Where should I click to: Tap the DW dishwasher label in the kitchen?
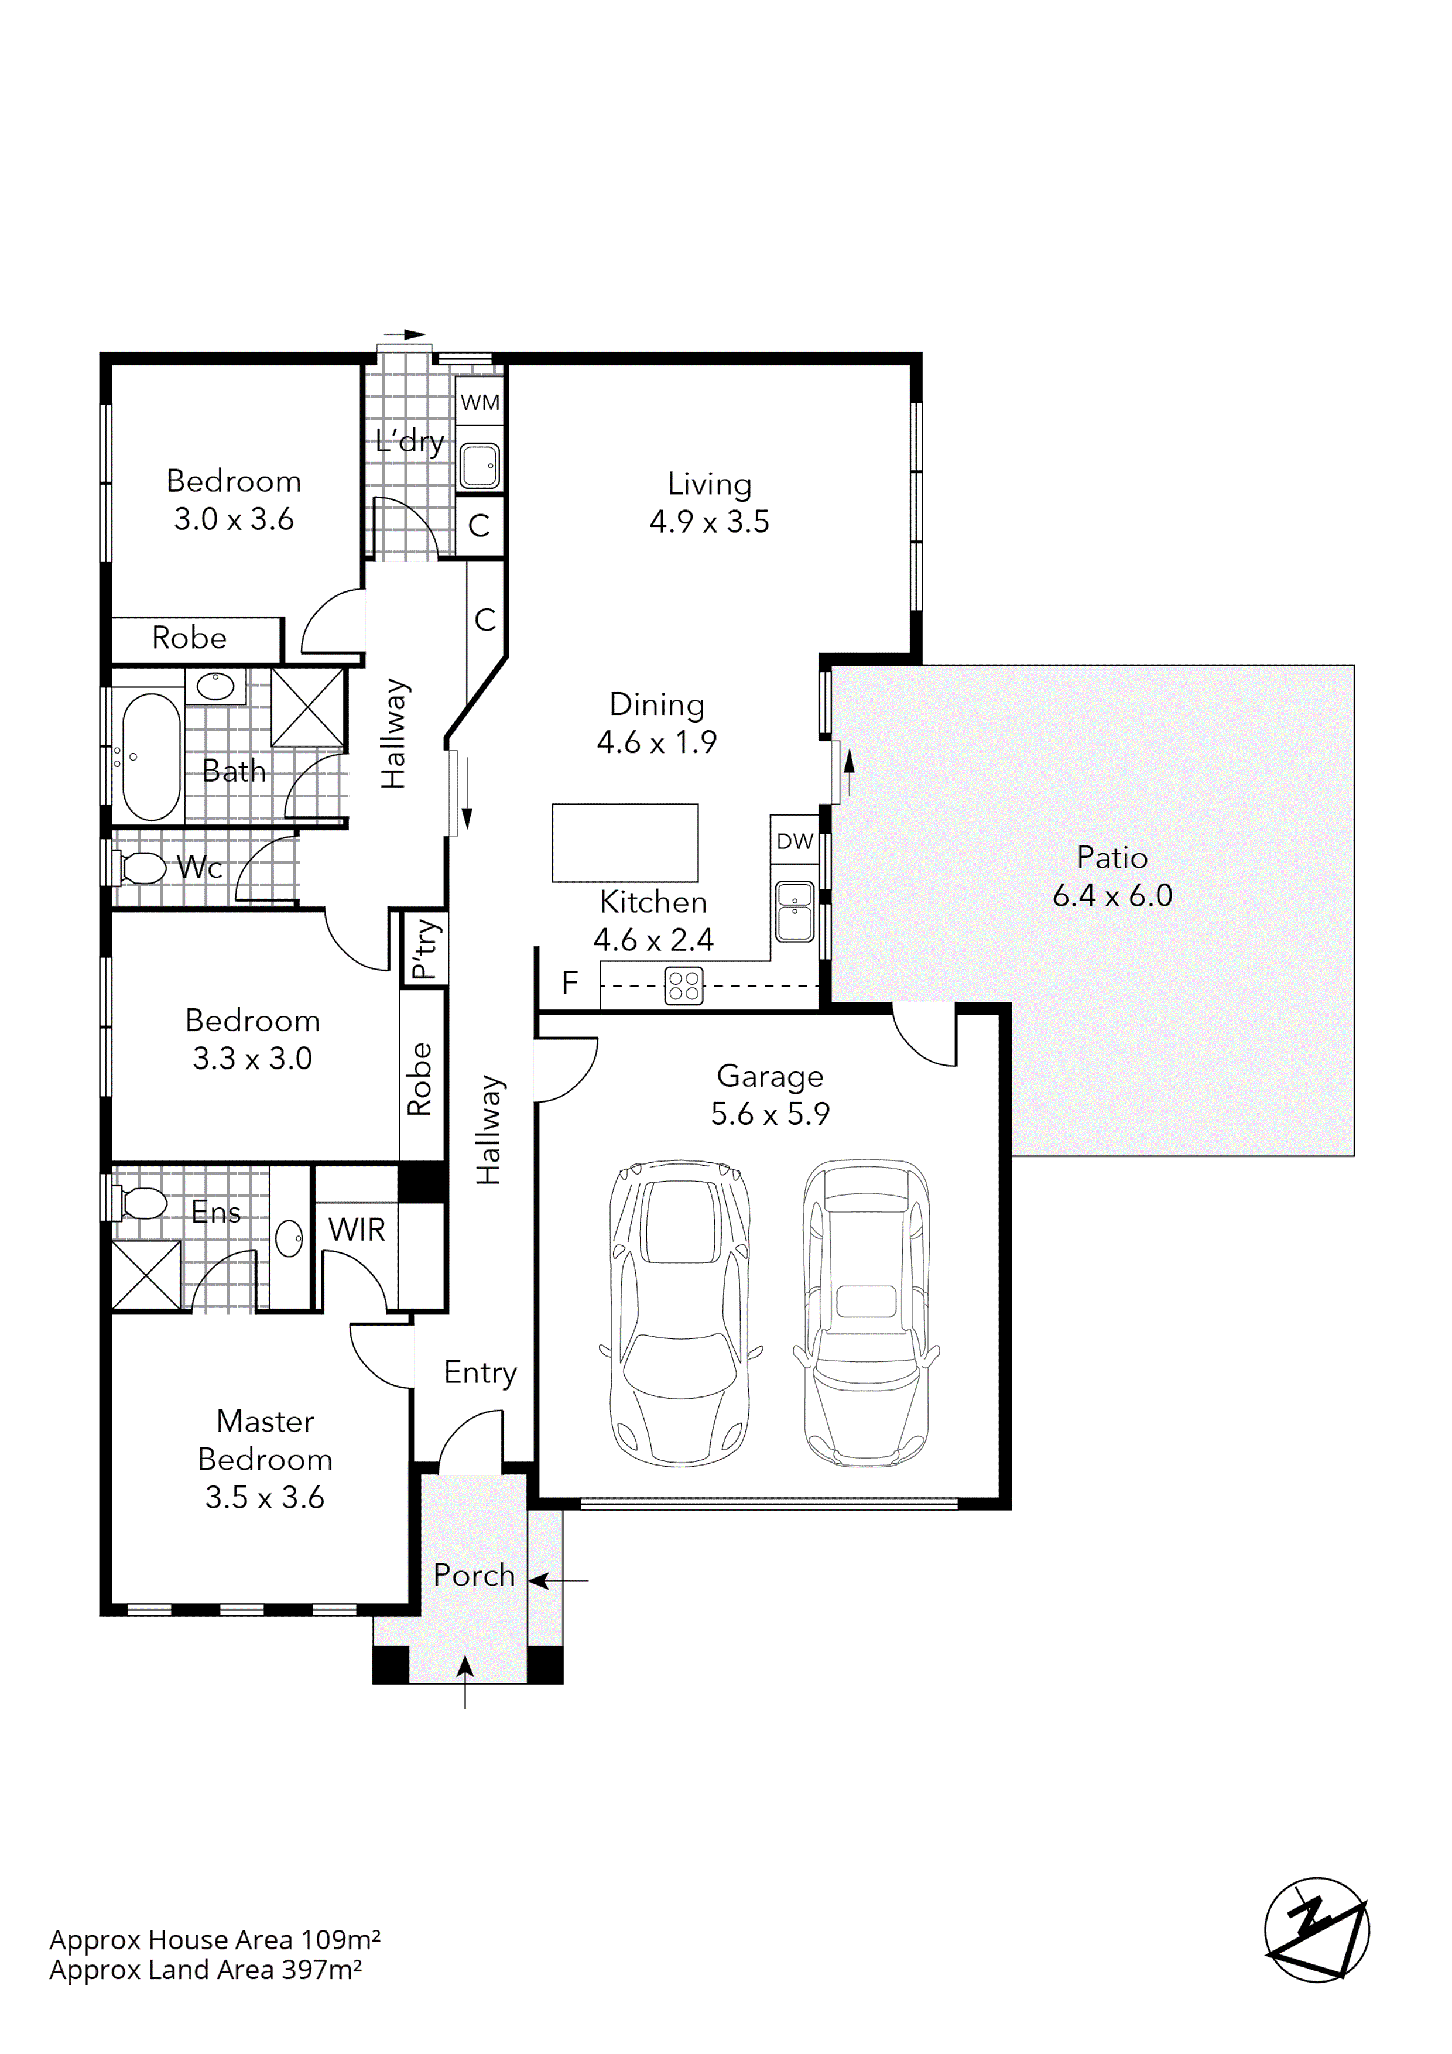795,841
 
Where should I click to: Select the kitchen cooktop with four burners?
684,986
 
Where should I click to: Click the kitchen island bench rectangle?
625,843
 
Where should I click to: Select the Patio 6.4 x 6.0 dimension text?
1112,895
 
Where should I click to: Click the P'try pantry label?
426,949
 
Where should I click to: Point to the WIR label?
356,1230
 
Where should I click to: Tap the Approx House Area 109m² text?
215,1939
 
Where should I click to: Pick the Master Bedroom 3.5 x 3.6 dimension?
265,1498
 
